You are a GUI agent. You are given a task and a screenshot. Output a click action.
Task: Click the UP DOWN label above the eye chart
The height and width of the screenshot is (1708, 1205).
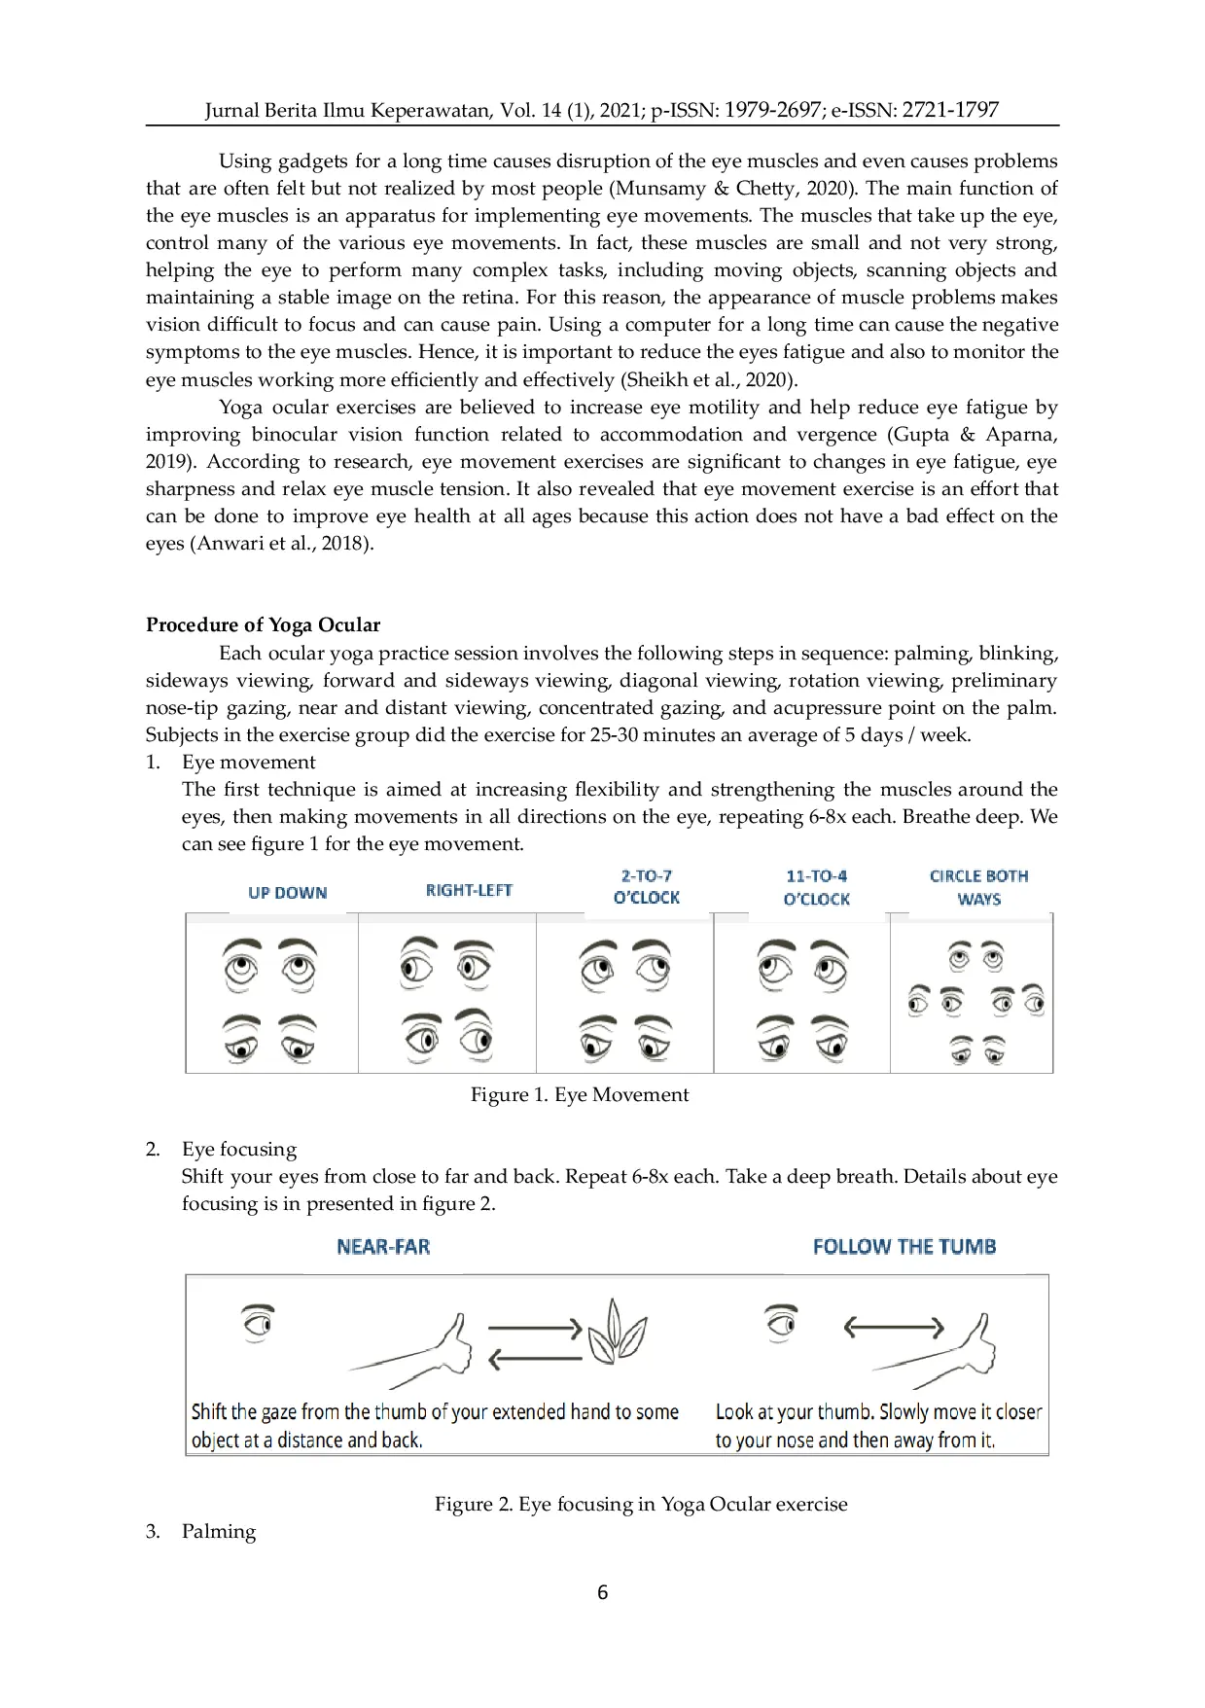click(x=287, y=893)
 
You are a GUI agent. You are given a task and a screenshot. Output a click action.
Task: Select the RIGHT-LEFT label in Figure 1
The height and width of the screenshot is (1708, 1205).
click(x=469, y=890)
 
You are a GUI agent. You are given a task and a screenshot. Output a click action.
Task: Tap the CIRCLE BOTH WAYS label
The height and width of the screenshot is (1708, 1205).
click(x=978, y=887)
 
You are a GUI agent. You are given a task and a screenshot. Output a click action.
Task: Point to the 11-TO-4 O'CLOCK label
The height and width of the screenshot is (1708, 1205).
click(x=816, y=887)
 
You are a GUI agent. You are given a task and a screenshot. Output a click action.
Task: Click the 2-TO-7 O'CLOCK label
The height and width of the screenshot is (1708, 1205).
click(x=646, y=887)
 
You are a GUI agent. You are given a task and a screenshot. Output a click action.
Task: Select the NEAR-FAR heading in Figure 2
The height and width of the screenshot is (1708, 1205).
click(x=383, y=1247)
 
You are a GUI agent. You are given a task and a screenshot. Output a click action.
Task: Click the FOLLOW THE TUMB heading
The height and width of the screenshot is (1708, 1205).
click(x=904, y=1247)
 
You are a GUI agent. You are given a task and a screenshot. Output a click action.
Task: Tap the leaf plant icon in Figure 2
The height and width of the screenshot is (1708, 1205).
click(x=617, y=1332)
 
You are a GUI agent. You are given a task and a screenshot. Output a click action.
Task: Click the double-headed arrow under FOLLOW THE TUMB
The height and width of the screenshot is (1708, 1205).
click(x=893, y=1327)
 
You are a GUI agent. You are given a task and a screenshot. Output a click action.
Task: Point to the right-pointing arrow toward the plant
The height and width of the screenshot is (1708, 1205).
click(x=534, y=1328)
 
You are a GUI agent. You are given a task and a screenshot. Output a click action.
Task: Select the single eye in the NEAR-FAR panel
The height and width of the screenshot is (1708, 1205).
click(x=258, y=1323)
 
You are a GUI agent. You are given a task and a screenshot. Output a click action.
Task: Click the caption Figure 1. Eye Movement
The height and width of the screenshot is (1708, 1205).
click(x=580, y=1095)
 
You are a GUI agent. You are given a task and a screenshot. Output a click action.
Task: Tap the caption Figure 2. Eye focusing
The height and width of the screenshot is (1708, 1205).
click(x=640, y=1505)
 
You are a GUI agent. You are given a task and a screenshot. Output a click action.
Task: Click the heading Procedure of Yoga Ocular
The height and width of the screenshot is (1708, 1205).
click(x=263, y=625)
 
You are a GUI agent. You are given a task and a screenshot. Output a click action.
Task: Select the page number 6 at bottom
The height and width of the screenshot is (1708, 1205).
click(x=602, y=1592)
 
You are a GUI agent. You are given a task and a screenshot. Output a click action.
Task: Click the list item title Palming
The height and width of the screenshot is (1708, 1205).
click(x=219, y=1532)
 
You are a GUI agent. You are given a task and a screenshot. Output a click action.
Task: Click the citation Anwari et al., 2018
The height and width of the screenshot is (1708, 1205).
click(x=283, y=544)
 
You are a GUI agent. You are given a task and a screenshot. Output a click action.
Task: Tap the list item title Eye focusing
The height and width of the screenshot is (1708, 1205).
click(x=239, y=1150)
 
